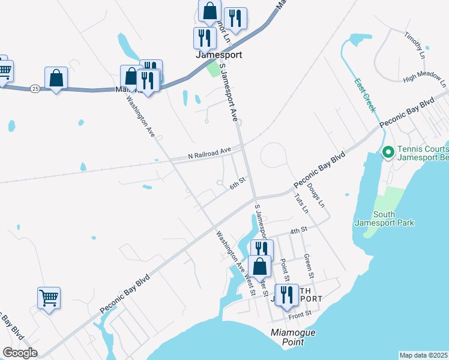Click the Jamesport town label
(x=219, y=54)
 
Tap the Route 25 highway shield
(x=35, y=88)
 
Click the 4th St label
(x=298, y=230)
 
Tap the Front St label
(x=300, y=314)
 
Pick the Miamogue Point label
(x=293, y=337)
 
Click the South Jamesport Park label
(x=393, y=219)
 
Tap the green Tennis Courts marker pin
(x=388, y=153)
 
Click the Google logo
(x=20, y=353)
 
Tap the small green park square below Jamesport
(x=213, y=69)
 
